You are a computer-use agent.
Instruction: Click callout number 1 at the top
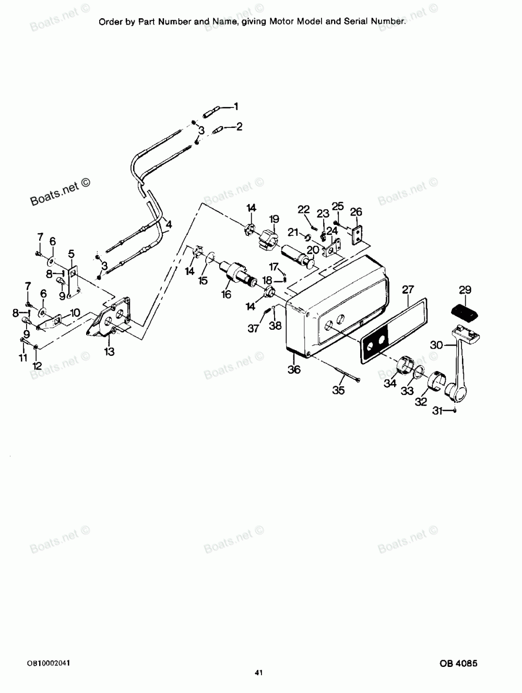(x=236, y=106)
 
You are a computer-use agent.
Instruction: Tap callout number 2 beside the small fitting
(x=240, y=127)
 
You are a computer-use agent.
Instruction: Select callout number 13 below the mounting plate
(x=109, y=352)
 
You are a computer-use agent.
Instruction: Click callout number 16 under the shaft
(x=226, y=294)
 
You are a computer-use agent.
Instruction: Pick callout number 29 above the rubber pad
(x=465, y=290)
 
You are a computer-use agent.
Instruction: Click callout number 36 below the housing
(x=294, y=369)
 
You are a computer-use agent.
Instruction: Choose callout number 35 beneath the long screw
(x=338, y=390)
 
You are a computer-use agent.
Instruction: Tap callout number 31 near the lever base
(x=437, y=411)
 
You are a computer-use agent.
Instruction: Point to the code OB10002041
(x=49, y=663)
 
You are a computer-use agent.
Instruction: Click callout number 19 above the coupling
(x=274, y=219)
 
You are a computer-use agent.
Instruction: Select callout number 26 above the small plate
(x=356, y=212)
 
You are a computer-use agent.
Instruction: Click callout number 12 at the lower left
(x=37, y=366)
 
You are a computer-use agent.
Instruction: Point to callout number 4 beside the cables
(x=169, y=225)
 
